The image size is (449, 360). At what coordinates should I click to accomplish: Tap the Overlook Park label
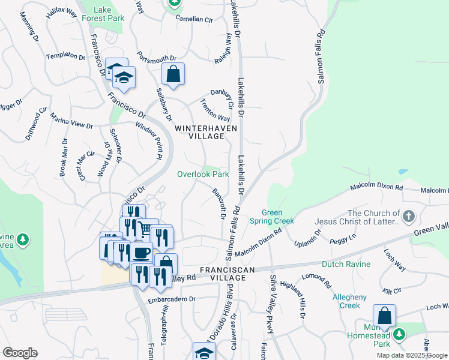tap(202, 175)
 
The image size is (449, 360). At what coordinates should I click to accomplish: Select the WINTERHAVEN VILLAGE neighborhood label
tap(206, 132)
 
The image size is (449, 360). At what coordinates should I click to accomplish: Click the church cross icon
tap(408, 215)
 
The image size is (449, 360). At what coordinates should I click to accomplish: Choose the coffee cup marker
tap(142, 253)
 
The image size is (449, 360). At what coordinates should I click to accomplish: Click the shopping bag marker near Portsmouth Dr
tap(173, 74)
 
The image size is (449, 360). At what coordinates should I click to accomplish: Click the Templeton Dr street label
tap(66, 56)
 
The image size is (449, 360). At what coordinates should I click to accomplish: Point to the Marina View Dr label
tap(71, 121)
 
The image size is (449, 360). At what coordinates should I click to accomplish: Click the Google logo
tap(20, 353)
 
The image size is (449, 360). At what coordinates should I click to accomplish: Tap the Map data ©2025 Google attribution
tap(411, 355)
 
